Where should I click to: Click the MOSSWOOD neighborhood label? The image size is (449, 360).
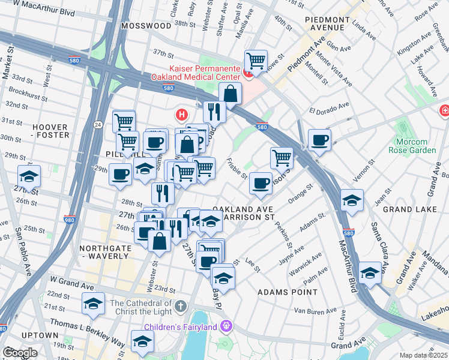[145, 26]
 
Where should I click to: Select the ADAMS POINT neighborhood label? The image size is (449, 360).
[287, 292]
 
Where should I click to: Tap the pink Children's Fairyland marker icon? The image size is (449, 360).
[226, 326]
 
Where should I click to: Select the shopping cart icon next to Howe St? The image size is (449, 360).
[256, 61]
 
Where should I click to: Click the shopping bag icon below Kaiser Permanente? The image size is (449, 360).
[230, 94]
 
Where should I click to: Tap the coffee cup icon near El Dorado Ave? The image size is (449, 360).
[319, 140]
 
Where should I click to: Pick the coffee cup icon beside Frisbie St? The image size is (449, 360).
[260, 183]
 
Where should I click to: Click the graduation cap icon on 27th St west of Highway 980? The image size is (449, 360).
[29, 176]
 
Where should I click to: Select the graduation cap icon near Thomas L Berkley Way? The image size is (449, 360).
[142, 341]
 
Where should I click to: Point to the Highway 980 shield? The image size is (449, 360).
[69, 219]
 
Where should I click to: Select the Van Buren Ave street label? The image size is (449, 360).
[313, 311]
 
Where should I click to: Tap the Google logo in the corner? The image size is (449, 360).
[20, 353]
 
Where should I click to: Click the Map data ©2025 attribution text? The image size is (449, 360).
[424, 355]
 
